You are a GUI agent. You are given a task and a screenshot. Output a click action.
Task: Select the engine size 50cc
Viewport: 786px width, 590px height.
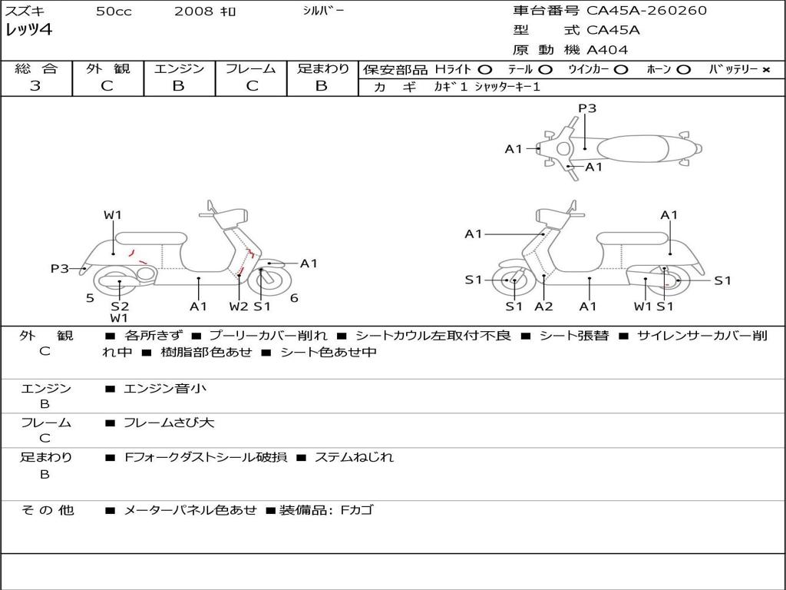pos(113,12)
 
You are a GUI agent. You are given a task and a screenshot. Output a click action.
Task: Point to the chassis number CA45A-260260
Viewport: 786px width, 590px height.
pos(646,11)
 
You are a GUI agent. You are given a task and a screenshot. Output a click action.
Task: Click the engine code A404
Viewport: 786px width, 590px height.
pos(607,50)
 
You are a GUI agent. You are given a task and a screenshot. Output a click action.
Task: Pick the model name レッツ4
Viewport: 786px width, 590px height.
pos(28,31)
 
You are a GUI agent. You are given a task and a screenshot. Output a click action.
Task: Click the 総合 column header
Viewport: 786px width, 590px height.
pos(36,69)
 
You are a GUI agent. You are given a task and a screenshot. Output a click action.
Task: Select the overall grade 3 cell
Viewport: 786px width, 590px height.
pos(35,86)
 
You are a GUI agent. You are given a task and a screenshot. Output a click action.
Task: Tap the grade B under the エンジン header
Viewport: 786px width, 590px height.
pos(178,86)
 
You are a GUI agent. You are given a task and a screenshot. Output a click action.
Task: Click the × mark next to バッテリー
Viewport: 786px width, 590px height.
pos(765,70)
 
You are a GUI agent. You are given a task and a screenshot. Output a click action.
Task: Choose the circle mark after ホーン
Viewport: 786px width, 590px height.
pos(683,70)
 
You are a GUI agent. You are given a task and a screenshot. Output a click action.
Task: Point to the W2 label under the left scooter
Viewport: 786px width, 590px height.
pos(239,307)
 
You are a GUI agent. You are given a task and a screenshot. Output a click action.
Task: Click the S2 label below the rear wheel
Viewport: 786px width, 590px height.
pos(119,306)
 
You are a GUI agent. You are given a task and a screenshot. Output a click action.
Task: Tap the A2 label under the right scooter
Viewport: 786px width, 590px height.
pos(543,307)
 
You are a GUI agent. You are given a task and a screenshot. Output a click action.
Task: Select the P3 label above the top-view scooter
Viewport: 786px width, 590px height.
pos(587,108)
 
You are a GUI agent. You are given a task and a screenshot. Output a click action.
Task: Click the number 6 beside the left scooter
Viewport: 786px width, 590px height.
pos(294,298)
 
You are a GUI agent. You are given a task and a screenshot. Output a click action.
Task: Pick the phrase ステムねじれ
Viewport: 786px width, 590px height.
pos(354,457)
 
